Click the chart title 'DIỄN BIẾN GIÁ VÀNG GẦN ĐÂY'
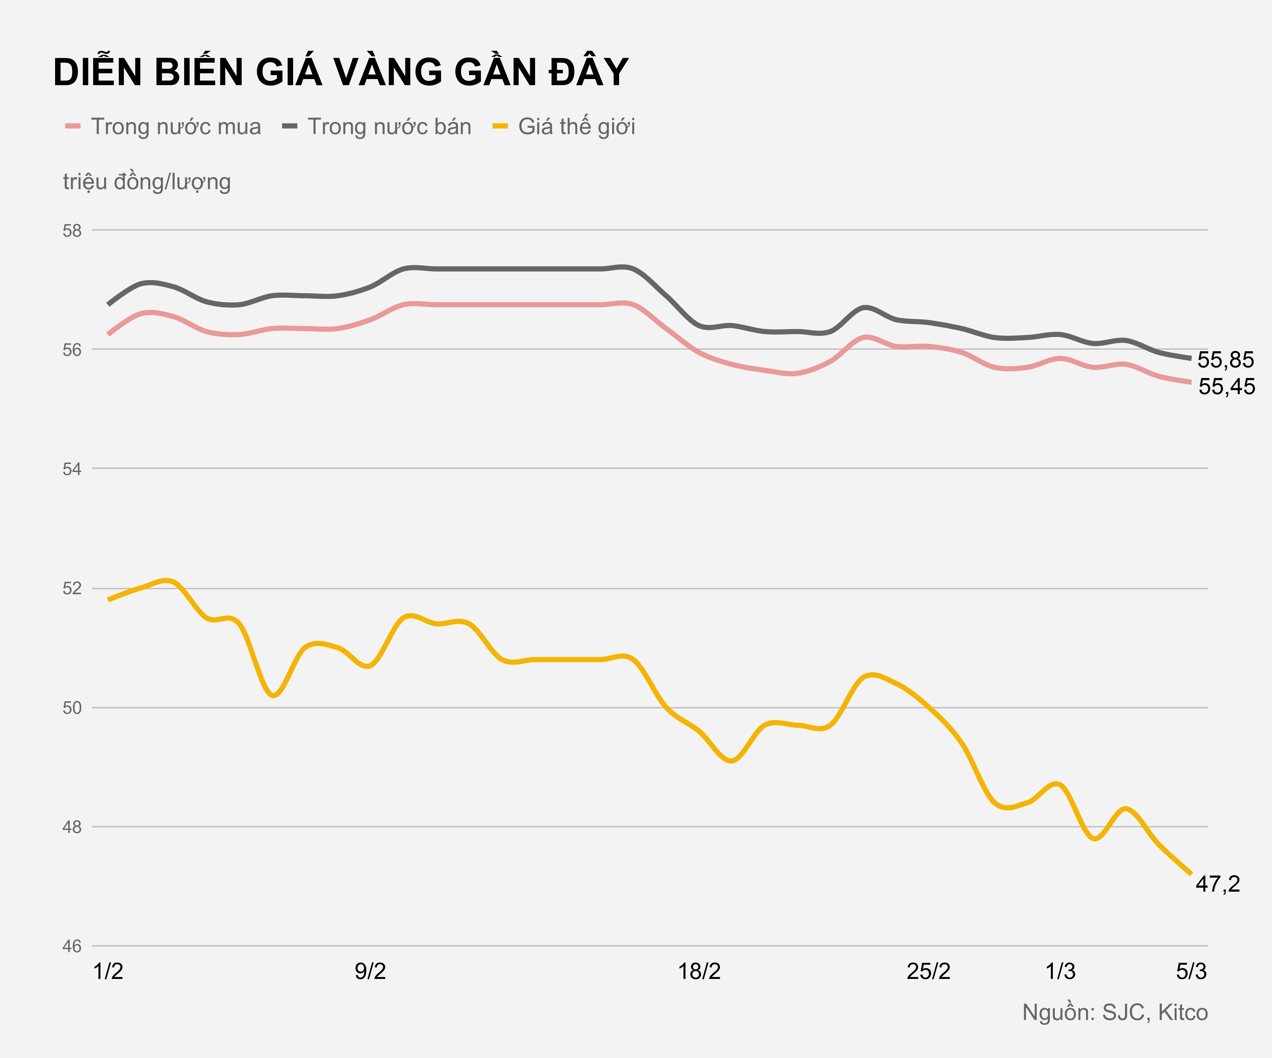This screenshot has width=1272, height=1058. (x=341, y=73)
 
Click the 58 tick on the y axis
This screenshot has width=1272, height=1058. (x=72, y=231)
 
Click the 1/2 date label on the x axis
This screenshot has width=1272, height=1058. (x=108, y=971)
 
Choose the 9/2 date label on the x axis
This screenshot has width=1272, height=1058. (x=370, y=971)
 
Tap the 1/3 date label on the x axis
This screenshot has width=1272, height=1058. (x=1060, y=971)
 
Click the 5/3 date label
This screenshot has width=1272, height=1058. (x=1191, y=971)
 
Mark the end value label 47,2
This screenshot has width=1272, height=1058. (x=1218, y=884)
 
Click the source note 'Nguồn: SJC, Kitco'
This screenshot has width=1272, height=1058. (x=1115, y=1013)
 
